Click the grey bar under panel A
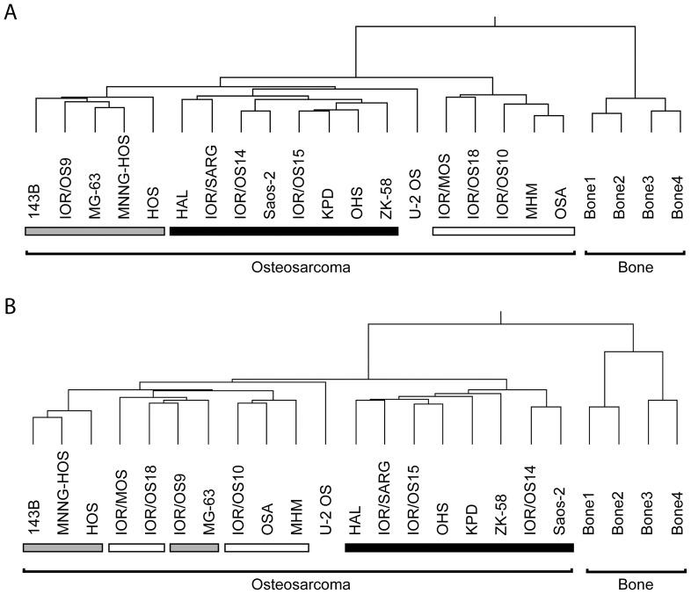click(95, 231)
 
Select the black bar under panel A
click(283, 231)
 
